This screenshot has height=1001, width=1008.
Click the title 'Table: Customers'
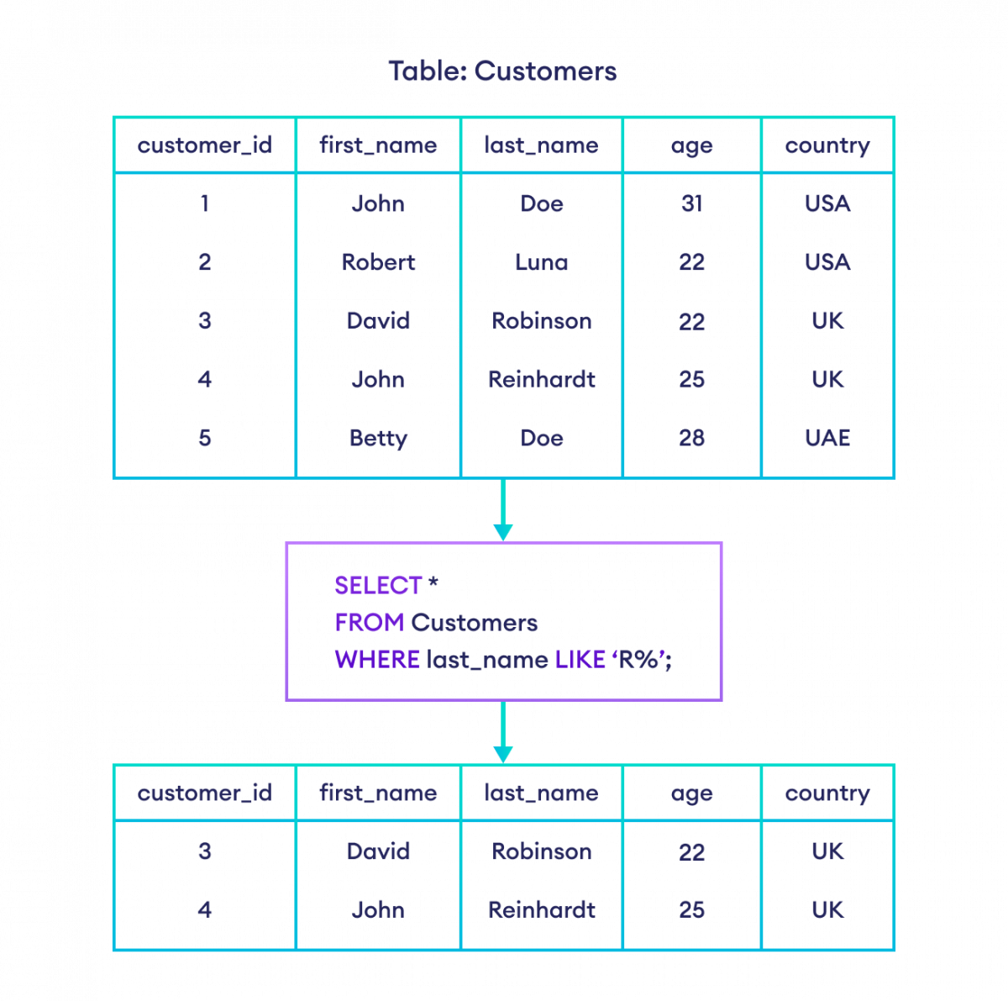point(502,71)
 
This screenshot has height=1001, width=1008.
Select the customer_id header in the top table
point(204,145)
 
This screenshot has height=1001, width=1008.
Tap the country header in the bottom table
point(827,793)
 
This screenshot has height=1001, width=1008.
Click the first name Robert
point(378,262)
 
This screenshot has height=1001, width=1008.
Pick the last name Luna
point(542,262)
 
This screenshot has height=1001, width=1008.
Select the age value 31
point(691,203)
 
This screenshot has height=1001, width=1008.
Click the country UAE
point(827,438)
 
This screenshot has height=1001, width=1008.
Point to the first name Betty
point(378,438)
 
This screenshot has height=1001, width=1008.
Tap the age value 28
point(691,438)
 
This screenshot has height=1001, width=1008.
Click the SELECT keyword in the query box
point(378,585)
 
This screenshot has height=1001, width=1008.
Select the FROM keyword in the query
point(369,622)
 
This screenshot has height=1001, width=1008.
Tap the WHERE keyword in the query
point(377,659)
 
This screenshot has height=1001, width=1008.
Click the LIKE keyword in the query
point(580,659)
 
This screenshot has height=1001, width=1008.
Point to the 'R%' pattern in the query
point(640,659)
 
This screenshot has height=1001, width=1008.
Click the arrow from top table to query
point(503,513)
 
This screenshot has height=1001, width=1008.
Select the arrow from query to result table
point(503,733)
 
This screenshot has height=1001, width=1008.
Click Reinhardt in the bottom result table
point(542,909)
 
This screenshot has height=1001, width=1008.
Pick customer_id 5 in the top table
point(204,438)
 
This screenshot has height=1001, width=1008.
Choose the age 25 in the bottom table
point(691,909)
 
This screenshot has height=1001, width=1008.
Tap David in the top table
point(378,320)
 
